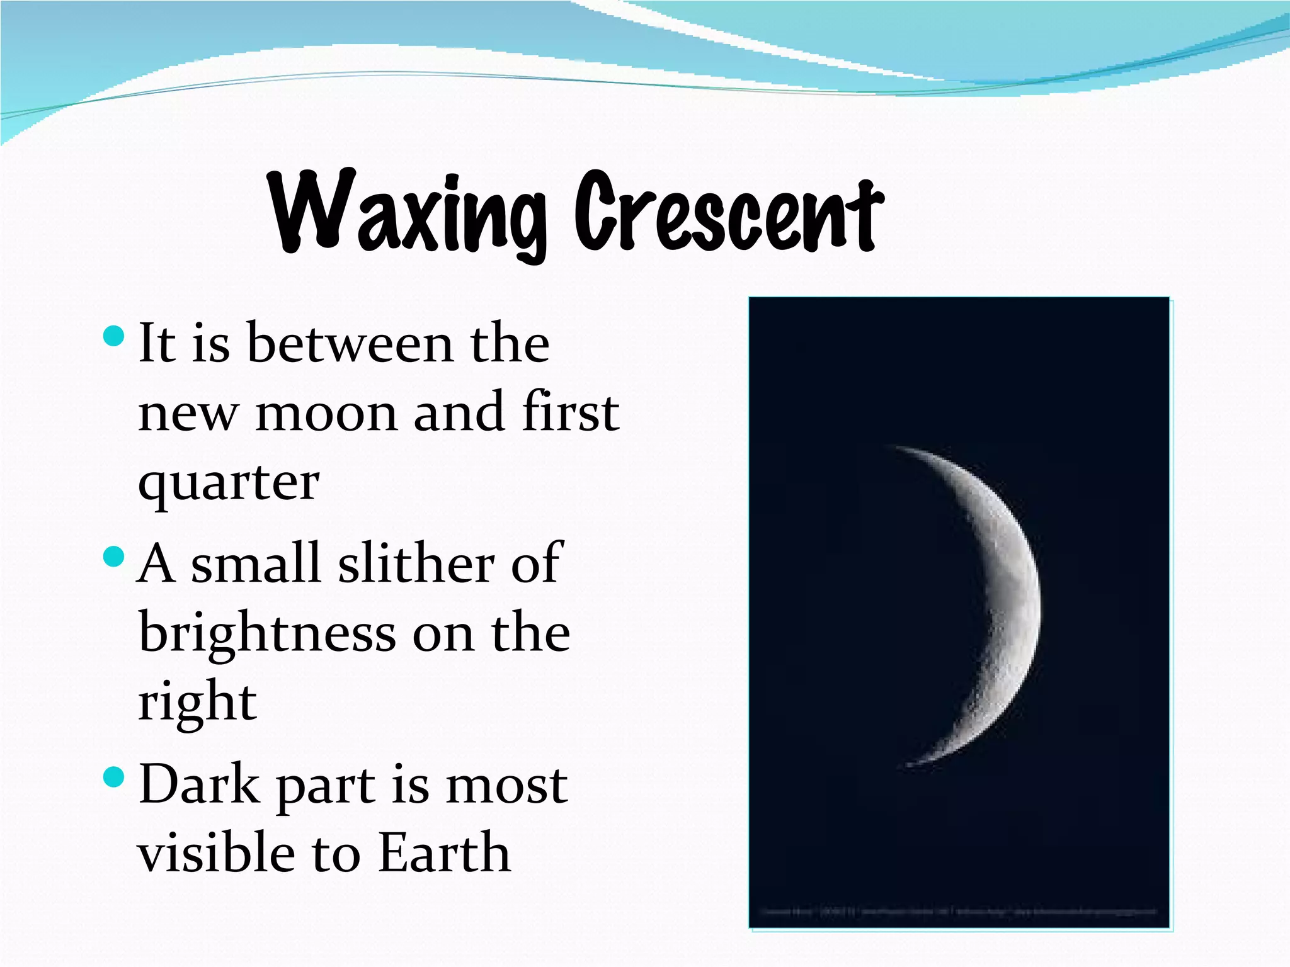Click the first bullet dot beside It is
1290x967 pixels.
(113, 336)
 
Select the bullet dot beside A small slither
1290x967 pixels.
(113, 557)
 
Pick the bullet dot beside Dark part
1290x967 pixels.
(113, 778)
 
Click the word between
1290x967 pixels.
(350, 344)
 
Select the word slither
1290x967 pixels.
(416, 563)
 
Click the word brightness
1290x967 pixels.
(267, 633)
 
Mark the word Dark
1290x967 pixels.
(199, 784)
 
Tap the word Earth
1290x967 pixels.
(445, 854)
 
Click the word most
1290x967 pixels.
(506, 786)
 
